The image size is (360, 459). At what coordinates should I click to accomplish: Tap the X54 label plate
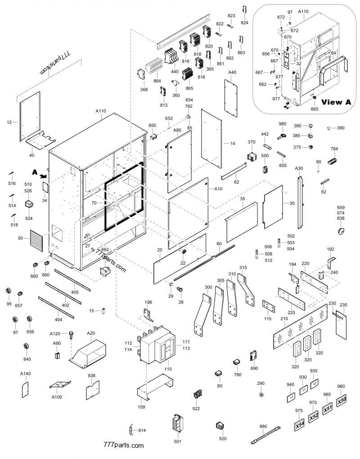[300, 424]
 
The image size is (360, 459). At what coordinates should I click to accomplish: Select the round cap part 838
[341, 230]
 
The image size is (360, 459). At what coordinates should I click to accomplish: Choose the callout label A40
[232, 72]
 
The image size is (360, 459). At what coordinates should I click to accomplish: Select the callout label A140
[25, 374]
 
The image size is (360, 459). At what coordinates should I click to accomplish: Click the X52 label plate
[314, 416]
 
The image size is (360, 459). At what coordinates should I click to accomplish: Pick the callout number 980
[282, 124]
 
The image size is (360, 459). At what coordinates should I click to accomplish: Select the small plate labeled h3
[291, 398]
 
